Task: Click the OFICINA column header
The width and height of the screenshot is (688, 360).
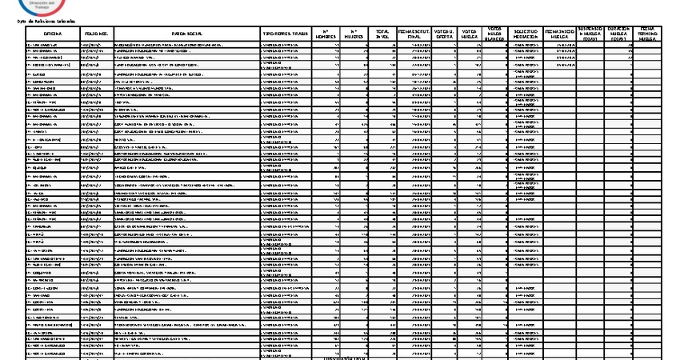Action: (x=53, y=34)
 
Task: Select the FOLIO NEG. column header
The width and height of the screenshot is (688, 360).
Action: (x=96, y=34)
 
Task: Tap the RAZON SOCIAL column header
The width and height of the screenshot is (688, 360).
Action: (x=186, y=34)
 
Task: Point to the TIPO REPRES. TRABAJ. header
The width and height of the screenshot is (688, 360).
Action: (x=285, y=34)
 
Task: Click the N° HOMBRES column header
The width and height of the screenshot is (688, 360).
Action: (x=326, y=34)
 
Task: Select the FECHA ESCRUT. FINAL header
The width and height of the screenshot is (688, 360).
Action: (x=414, y=34)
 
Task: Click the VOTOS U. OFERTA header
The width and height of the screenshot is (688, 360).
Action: (x=444, y=34)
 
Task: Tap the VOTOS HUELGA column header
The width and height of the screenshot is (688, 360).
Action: (x=470, y=34)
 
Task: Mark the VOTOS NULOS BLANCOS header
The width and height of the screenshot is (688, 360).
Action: (x=495, y=34)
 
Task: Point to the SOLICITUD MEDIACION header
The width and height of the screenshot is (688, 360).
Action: (x=525, y=34)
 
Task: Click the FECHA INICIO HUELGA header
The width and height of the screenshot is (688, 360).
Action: (x=559, y=34)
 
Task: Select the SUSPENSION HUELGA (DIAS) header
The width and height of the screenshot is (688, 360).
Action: (x=590, y=34)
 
